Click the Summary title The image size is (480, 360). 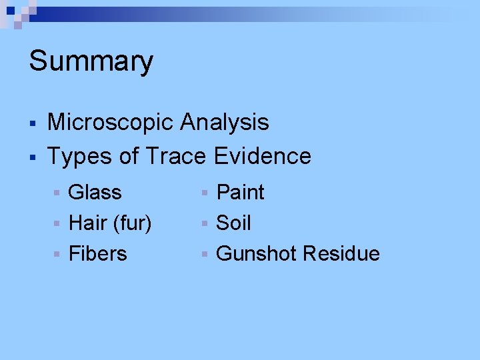(91, 61)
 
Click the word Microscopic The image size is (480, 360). (110, 123)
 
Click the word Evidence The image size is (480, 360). (263, 157)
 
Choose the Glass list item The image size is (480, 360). (95, 193)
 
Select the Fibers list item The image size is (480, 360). (98, 254)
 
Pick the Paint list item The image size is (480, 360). (241, 193)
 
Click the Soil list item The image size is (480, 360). (234, 223)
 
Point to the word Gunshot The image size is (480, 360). (257, 254)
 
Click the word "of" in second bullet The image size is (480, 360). (129, 157)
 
